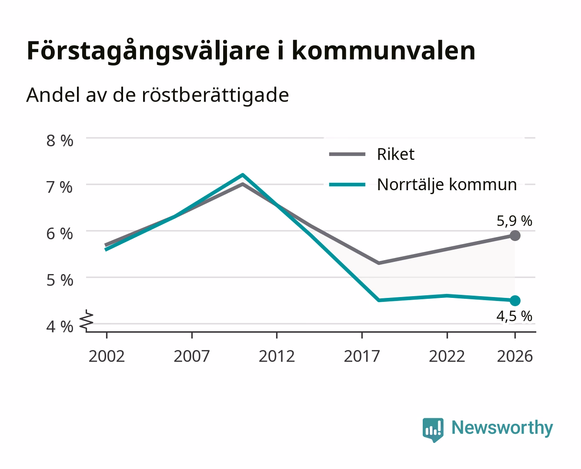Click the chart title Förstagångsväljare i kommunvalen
click(251, 51)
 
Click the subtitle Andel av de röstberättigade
click(157, 96)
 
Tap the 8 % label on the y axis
click(60, 141)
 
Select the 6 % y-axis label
click(60, 234)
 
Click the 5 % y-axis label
click(60, 280)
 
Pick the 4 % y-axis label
click(60, 327)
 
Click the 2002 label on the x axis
click(107, 356)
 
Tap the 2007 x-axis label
click(192, 356)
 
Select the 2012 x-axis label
click(277, 356)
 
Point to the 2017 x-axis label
click(362, 356)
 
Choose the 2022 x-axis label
click(447, 356)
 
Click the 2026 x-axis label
click(515, 356)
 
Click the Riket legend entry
click(372, 154)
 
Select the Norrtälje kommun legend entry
click(423, 185)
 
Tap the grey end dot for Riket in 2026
click(515, 235)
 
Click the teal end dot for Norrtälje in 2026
click(515, 301)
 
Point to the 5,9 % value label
click(514, 221)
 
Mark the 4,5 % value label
click(514, 316)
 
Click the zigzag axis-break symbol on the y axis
click(87, 321)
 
